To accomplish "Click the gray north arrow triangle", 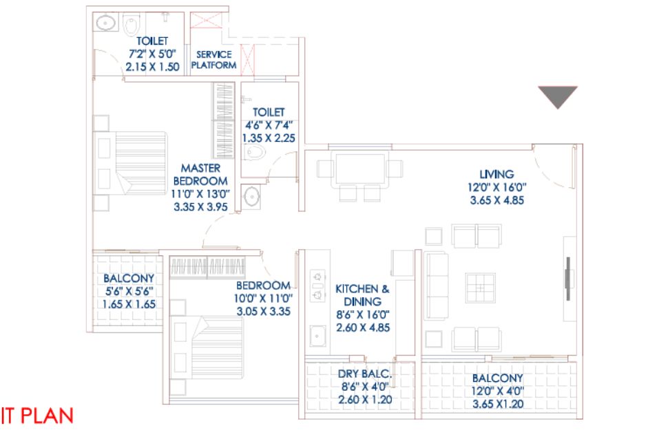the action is pyautogui.click(x=558, y=96).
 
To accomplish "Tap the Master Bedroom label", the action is pyautogui.click(x=200, y=174).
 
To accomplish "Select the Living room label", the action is pyautogui.click(x=496, y=174).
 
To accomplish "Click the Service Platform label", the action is pyautogui.click(x=214, y=60).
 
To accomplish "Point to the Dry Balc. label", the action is pyautogui.click(x=365, y=374).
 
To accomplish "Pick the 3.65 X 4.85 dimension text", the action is pyautogui.click(x=497, y=200).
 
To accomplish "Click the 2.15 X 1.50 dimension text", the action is pyautogui.click(x=153, y=67).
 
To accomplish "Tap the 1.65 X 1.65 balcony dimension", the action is pyautogui.click(x=129, y=304).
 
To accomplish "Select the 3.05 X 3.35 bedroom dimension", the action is pyautogui.click(x=264, y=311).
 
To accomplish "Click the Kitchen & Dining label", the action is pyautogui.click(x=362, y=294).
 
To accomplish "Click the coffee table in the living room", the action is pyautogui.click(x=481, y=288).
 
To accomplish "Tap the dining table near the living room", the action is pyautogui.click(x=359, y=169).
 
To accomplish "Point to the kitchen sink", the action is pyautogui.click(x=317, y=336).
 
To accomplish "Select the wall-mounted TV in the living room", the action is pyautogui.click(x=569, y=279).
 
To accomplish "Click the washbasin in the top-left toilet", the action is pyautogui.click(x=106, y=23).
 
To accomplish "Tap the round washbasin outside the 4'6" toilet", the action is pyautogui.click(x=252, y=197).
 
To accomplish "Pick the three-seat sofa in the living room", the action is pyautogui.click(x=436, y=286).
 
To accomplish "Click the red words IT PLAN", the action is pyautogui.click(x=37, y=416).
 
